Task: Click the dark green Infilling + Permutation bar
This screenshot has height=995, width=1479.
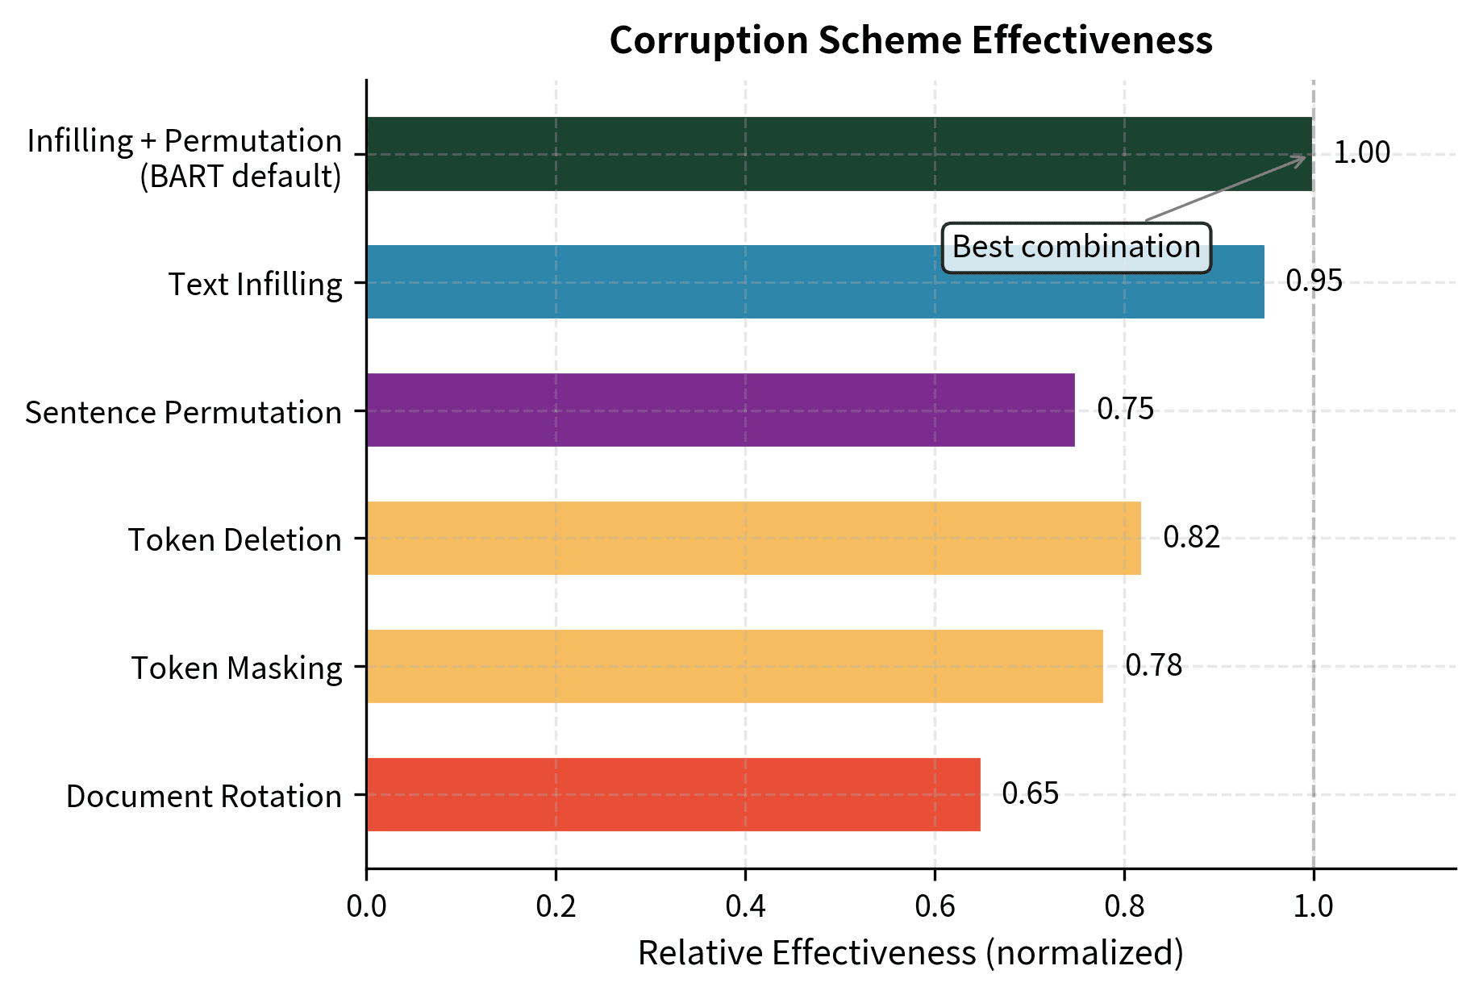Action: point(839,154)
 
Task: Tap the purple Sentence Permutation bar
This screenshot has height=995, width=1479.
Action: point(720,410)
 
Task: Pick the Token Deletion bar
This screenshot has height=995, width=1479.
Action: point(753,538)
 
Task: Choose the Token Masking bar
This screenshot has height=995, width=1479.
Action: point(734,666)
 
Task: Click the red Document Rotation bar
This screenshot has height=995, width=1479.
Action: point(673,794)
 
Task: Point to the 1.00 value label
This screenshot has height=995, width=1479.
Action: point(1361,153)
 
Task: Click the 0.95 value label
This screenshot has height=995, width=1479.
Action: point(1314,281)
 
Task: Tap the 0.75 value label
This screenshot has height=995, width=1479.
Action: point(1125,410)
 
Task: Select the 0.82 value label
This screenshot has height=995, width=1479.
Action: point(1191,538)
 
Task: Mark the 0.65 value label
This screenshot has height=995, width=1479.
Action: point(1030,794)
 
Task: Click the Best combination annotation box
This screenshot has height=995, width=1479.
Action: point(1076,248)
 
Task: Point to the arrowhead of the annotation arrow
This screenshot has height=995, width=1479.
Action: point(1303,156)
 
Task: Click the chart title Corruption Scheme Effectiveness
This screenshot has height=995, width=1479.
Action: point(910,40)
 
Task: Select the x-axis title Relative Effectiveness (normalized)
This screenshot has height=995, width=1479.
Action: point(910,953)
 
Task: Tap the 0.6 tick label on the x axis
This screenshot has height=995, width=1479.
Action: point(935,906)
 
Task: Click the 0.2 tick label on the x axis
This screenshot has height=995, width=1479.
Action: point(556,906)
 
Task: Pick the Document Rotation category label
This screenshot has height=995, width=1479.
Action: point(203,797)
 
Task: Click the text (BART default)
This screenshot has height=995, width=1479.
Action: point(240,177)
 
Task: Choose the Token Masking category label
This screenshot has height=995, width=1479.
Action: point(236,668)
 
